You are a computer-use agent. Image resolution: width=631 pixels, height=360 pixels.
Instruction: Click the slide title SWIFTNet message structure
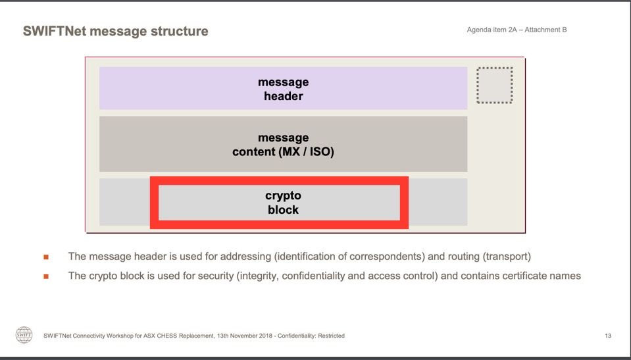coord(115,31)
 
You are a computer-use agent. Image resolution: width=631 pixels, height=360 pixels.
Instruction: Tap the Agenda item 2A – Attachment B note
coord(517,30)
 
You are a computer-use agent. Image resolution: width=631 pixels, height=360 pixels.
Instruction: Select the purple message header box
coord(283,89)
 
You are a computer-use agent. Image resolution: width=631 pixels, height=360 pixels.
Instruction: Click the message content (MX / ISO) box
coord(283,145)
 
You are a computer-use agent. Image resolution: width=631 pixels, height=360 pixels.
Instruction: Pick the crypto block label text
coord(283,203)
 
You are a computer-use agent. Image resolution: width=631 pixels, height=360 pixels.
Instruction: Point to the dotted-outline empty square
coord(494,86)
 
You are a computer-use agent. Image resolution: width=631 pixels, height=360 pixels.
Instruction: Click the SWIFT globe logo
coord(24,334)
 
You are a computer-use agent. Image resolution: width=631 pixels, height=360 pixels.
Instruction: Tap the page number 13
coord(608,336)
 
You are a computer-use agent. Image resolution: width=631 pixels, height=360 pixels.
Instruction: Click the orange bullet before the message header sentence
coord(46,257)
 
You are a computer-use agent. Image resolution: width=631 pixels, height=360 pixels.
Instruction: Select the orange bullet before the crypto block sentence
coord(46,276)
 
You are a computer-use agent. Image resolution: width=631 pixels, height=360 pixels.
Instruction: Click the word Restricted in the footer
coord(329,336)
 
